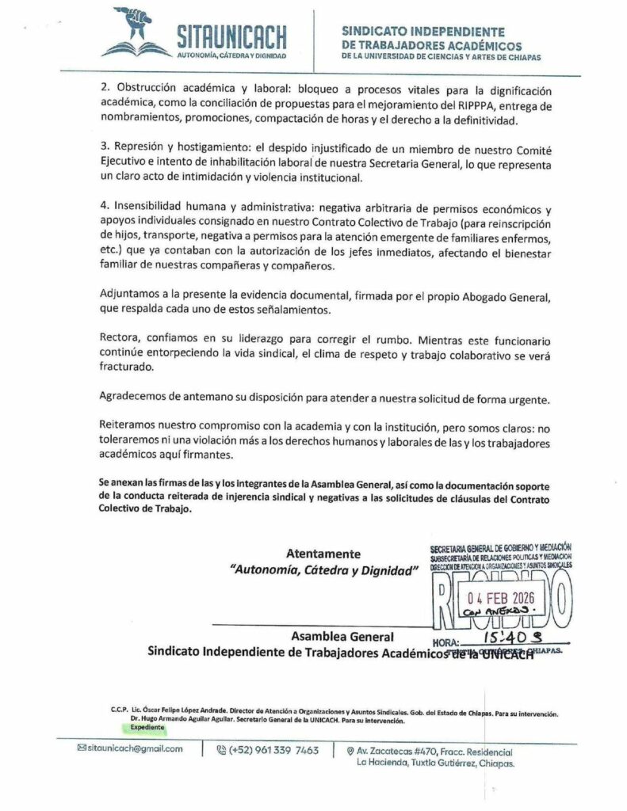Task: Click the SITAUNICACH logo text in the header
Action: click(231, 36)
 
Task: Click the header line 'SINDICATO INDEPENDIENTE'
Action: click(422, 31)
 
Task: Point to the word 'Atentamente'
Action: click(323, 553)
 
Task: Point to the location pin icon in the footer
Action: click(350, 750)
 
